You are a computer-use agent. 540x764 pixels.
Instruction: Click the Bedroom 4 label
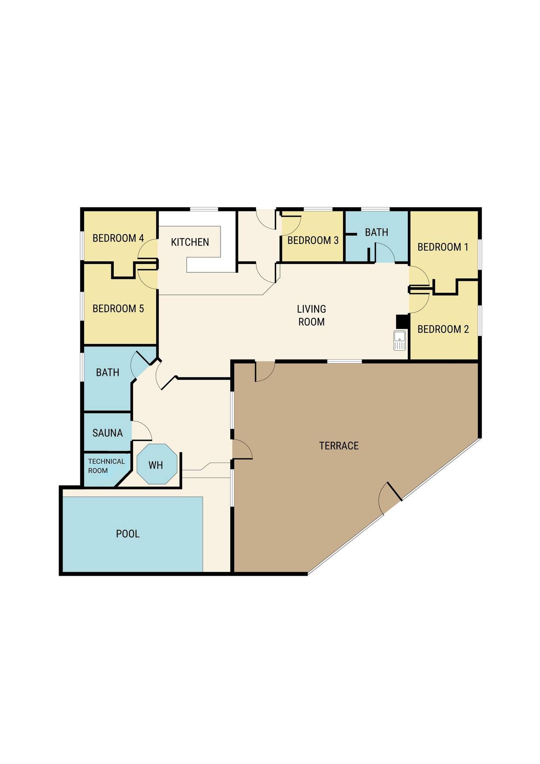point(118,238)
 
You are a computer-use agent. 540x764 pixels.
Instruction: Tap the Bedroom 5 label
point(118,309)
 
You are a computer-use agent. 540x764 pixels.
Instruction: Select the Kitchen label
point(190,242)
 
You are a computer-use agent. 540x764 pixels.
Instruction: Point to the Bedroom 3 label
point(313,240)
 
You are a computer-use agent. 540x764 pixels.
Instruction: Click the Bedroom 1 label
point(443,247)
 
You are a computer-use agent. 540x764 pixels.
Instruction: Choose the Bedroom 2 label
point(443,329)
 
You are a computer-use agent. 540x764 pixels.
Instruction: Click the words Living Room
point(312,315)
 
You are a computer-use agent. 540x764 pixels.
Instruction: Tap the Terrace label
point(339,446)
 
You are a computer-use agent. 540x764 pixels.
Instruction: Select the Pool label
point(128,534)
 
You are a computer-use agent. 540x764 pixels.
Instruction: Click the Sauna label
point(108,433)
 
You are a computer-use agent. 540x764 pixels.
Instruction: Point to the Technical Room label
point(106,466)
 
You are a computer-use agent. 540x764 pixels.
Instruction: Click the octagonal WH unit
point(157,464)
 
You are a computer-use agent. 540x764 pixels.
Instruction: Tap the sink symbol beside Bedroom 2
point(400,341)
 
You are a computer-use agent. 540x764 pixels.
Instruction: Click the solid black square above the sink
point(402,321)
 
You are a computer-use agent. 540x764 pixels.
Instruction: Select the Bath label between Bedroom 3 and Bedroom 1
point(376,232)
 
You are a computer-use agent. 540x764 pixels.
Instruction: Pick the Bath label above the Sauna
point(108,373)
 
